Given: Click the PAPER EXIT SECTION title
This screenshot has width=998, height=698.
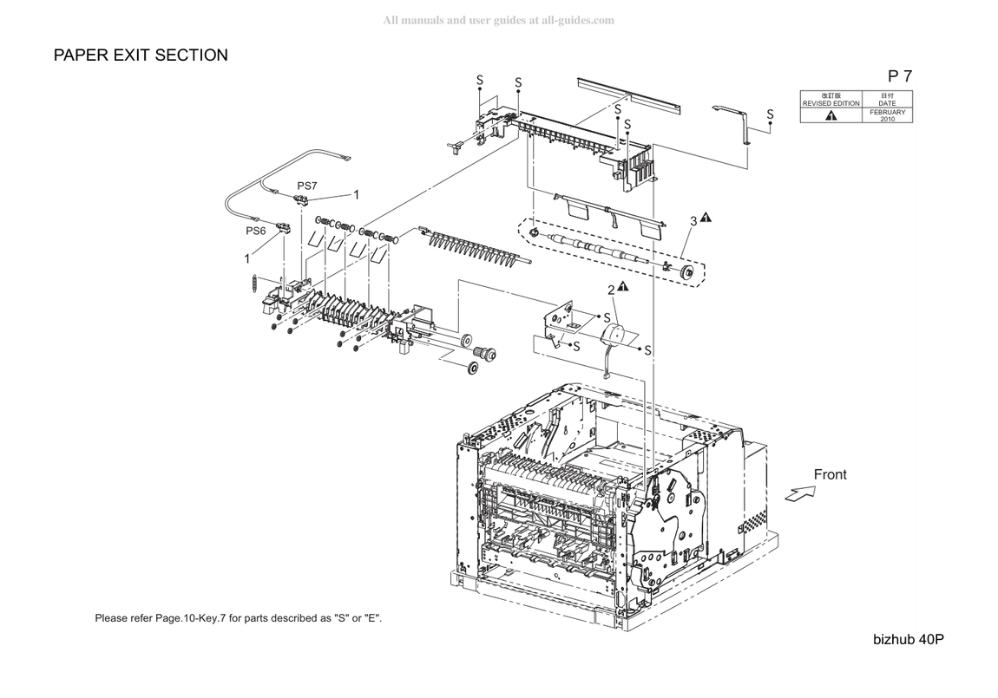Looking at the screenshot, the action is pos(141,55).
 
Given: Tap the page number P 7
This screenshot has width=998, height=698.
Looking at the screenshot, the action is pos(900,75).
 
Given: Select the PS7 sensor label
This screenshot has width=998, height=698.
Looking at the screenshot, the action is pos(307,186).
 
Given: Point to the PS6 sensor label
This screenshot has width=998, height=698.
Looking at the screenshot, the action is pos(256,231).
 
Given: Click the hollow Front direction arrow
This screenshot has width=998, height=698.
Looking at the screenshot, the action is pos(800,493).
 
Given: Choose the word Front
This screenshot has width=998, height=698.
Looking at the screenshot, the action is pos(830,474).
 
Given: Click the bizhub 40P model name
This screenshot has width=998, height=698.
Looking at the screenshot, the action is pos(909,640).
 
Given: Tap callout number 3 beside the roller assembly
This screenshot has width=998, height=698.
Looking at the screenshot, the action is pos(693,221).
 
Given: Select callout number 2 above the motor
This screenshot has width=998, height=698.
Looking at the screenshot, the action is pos(611,290).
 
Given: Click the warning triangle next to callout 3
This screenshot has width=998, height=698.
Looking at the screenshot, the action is pos(706,218).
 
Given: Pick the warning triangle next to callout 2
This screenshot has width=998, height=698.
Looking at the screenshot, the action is pos(623,287).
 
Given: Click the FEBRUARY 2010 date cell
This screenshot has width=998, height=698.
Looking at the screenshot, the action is pos(887,115).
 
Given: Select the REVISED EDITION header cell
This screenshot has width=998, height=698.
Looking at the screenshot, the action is pos(831,99).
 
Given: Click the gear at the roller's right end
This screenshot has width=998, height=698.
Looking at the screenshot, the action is pos(687,273).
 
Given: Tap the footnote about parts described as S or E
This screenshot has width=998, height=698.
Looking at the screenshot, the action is pos(239,618).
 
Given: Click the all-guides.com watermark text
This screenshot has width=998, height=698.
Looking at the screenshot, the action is pos(498,20).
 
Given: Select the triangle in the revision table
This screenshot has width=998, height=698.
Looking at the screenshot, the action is pos(831,115).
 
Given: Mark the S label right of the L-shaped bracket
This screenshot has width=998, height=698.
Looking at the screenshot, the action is pos(770,114).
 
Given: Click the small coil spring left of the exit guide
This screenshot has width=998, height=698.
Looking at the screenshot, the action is pos(254,284).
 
